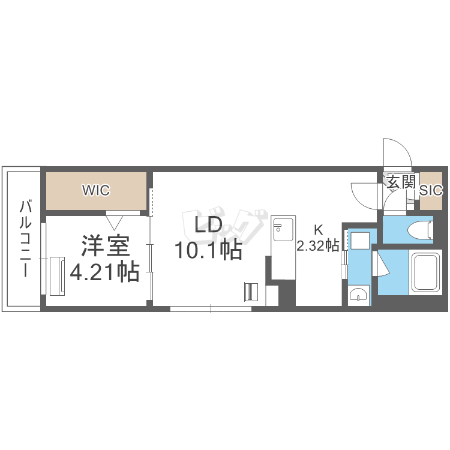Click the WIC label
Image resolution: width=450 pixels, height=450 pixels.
tap(96, 190)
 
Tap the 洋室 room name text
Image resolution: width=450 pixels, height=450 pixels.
tap(106, 245)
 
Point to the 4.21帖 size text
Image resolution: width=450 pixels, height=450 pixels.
tap(105, 271)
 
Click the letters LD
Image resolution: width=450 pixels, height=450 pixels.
tap(208, 224)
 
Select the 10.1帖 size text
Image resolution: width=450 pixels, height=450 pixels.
tap(209, 250)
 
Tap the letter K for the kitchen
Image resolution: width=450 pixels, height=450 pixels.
tap(318, 230)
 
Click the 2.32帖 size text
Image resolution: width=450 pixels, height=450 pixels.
tap(318, 246)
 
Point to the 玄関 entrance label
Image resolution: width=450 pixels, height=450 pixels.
tap(401, 182)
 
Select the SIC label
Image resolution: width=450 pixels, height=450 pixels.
tap(431, 190)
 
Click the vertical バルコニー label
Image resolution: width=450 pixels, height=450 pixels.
tap(26, 238)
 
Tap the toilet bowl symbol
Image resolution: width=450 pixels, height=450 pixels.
tap(420, 230)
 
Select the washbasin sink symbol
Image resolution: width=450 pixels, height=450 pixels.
tap(358, 295)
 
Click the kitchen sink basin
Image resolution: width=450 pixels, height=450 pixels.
tap(283, 229)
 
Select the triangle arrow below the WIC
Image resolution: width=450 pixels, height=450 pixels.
tap(114, 223)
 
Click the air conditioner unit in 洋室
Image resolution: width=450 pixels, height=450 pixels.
tap(58, 276)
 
